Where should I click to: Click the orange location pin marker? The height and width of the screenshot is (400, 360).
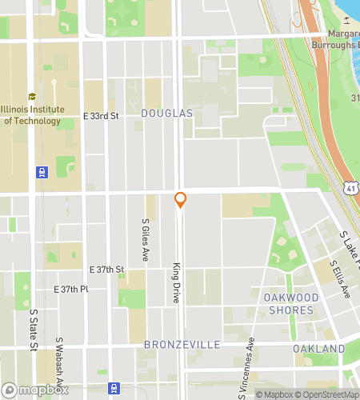(x=181, y=199)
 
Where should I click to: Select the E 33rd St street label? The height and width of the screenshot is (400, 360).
(x=101, y=116)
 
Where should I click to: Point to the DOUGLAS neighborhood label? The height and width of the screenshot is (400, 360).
(x=167, y=114)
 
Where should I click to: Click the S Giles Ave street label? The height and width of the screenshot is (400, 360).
(x=146, y=241)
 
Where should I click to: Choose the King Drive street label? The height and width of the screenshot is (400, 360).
(x=176, y=280)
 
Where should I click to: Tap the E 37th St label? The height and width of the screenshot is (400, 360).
(x=106, y=270)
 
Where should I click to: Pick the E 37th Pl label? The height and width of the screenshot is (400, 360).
(x=70, y=289)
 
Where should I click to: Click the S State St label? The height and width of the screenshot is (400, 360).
(x=34, y=330)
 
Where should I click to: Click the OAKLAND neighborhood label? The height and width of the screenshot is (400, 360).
(x=318, y=349)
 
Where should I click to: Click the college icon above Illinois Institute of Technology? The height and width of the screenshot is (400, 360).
(x=32, y=97)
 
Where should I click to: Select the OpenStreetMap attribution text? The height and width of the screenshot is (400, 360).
(x=328, y=394)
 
